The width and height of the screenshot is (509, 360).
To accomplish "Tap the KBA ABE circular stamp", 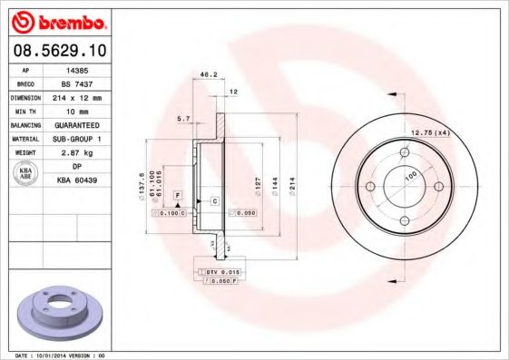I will click(26, 173).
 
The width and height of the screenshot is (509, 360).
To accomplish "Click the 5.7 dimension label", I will click(184, 118).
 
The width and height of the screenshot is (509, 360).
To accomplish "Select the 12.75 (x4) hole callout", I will click(430, 133).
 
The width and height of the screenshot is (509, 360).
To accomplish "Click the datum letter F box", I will click(178, 196).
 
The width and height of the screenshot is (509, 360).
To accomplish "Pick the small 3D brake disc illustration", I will click(60, 312).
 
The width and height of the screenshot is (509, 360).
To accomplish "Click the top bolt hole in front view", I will click(404, 151).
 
